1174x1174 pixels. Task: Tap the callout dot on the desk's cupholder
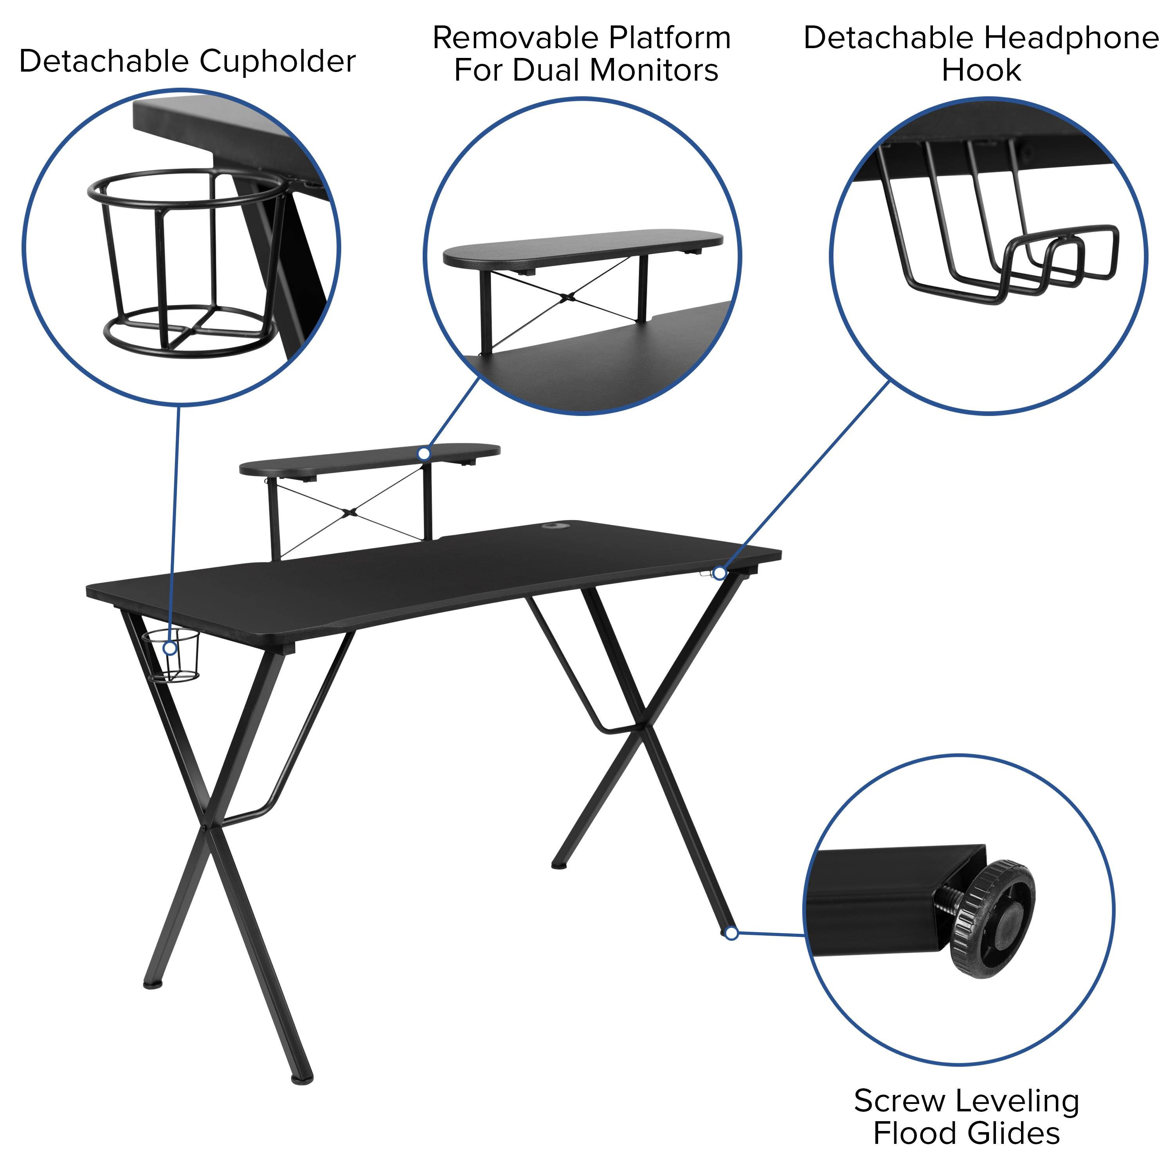pos(171,648)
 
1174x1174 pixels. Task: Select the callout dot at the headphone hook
pos(720,573)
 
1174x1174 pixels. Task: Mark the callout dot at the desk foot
pos(732,933)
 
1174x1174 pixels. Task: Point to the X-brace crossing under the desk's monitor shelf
pos(349,512)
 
